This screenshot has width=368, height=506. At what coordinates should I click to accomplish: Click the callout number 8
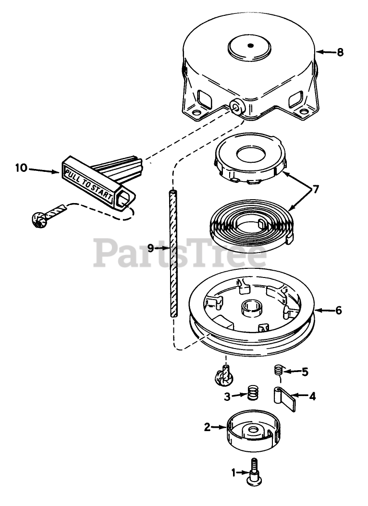coord(340,52)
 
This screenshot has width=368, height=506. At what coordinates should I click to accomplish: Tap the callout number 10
coord(22,169)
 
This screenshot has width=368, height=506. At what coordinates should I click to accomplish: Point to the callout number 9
coord(150,248)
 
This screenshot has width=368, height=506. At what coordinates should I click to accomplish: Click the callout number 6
coord(339,310)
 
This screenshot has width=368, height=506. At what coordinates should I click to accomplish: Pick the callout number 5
coord(304,372)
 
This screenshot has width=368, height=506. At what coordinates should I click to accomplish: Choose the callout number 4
coord(312,397)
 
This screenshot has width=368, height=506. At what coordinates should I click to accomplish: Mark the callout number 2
coord(207,426)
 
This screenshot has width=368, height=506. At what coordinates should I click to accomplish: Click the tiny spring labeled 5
coord(278,370)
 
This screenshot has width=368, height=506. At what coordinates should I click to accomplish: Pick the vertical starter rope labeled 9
coord(173,252)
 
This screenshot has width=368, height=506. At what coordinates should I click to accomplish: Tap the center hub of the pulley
coord(252,307)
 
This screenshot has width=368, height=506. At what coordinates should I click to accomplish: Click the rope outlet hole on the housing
coord(236,107)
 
